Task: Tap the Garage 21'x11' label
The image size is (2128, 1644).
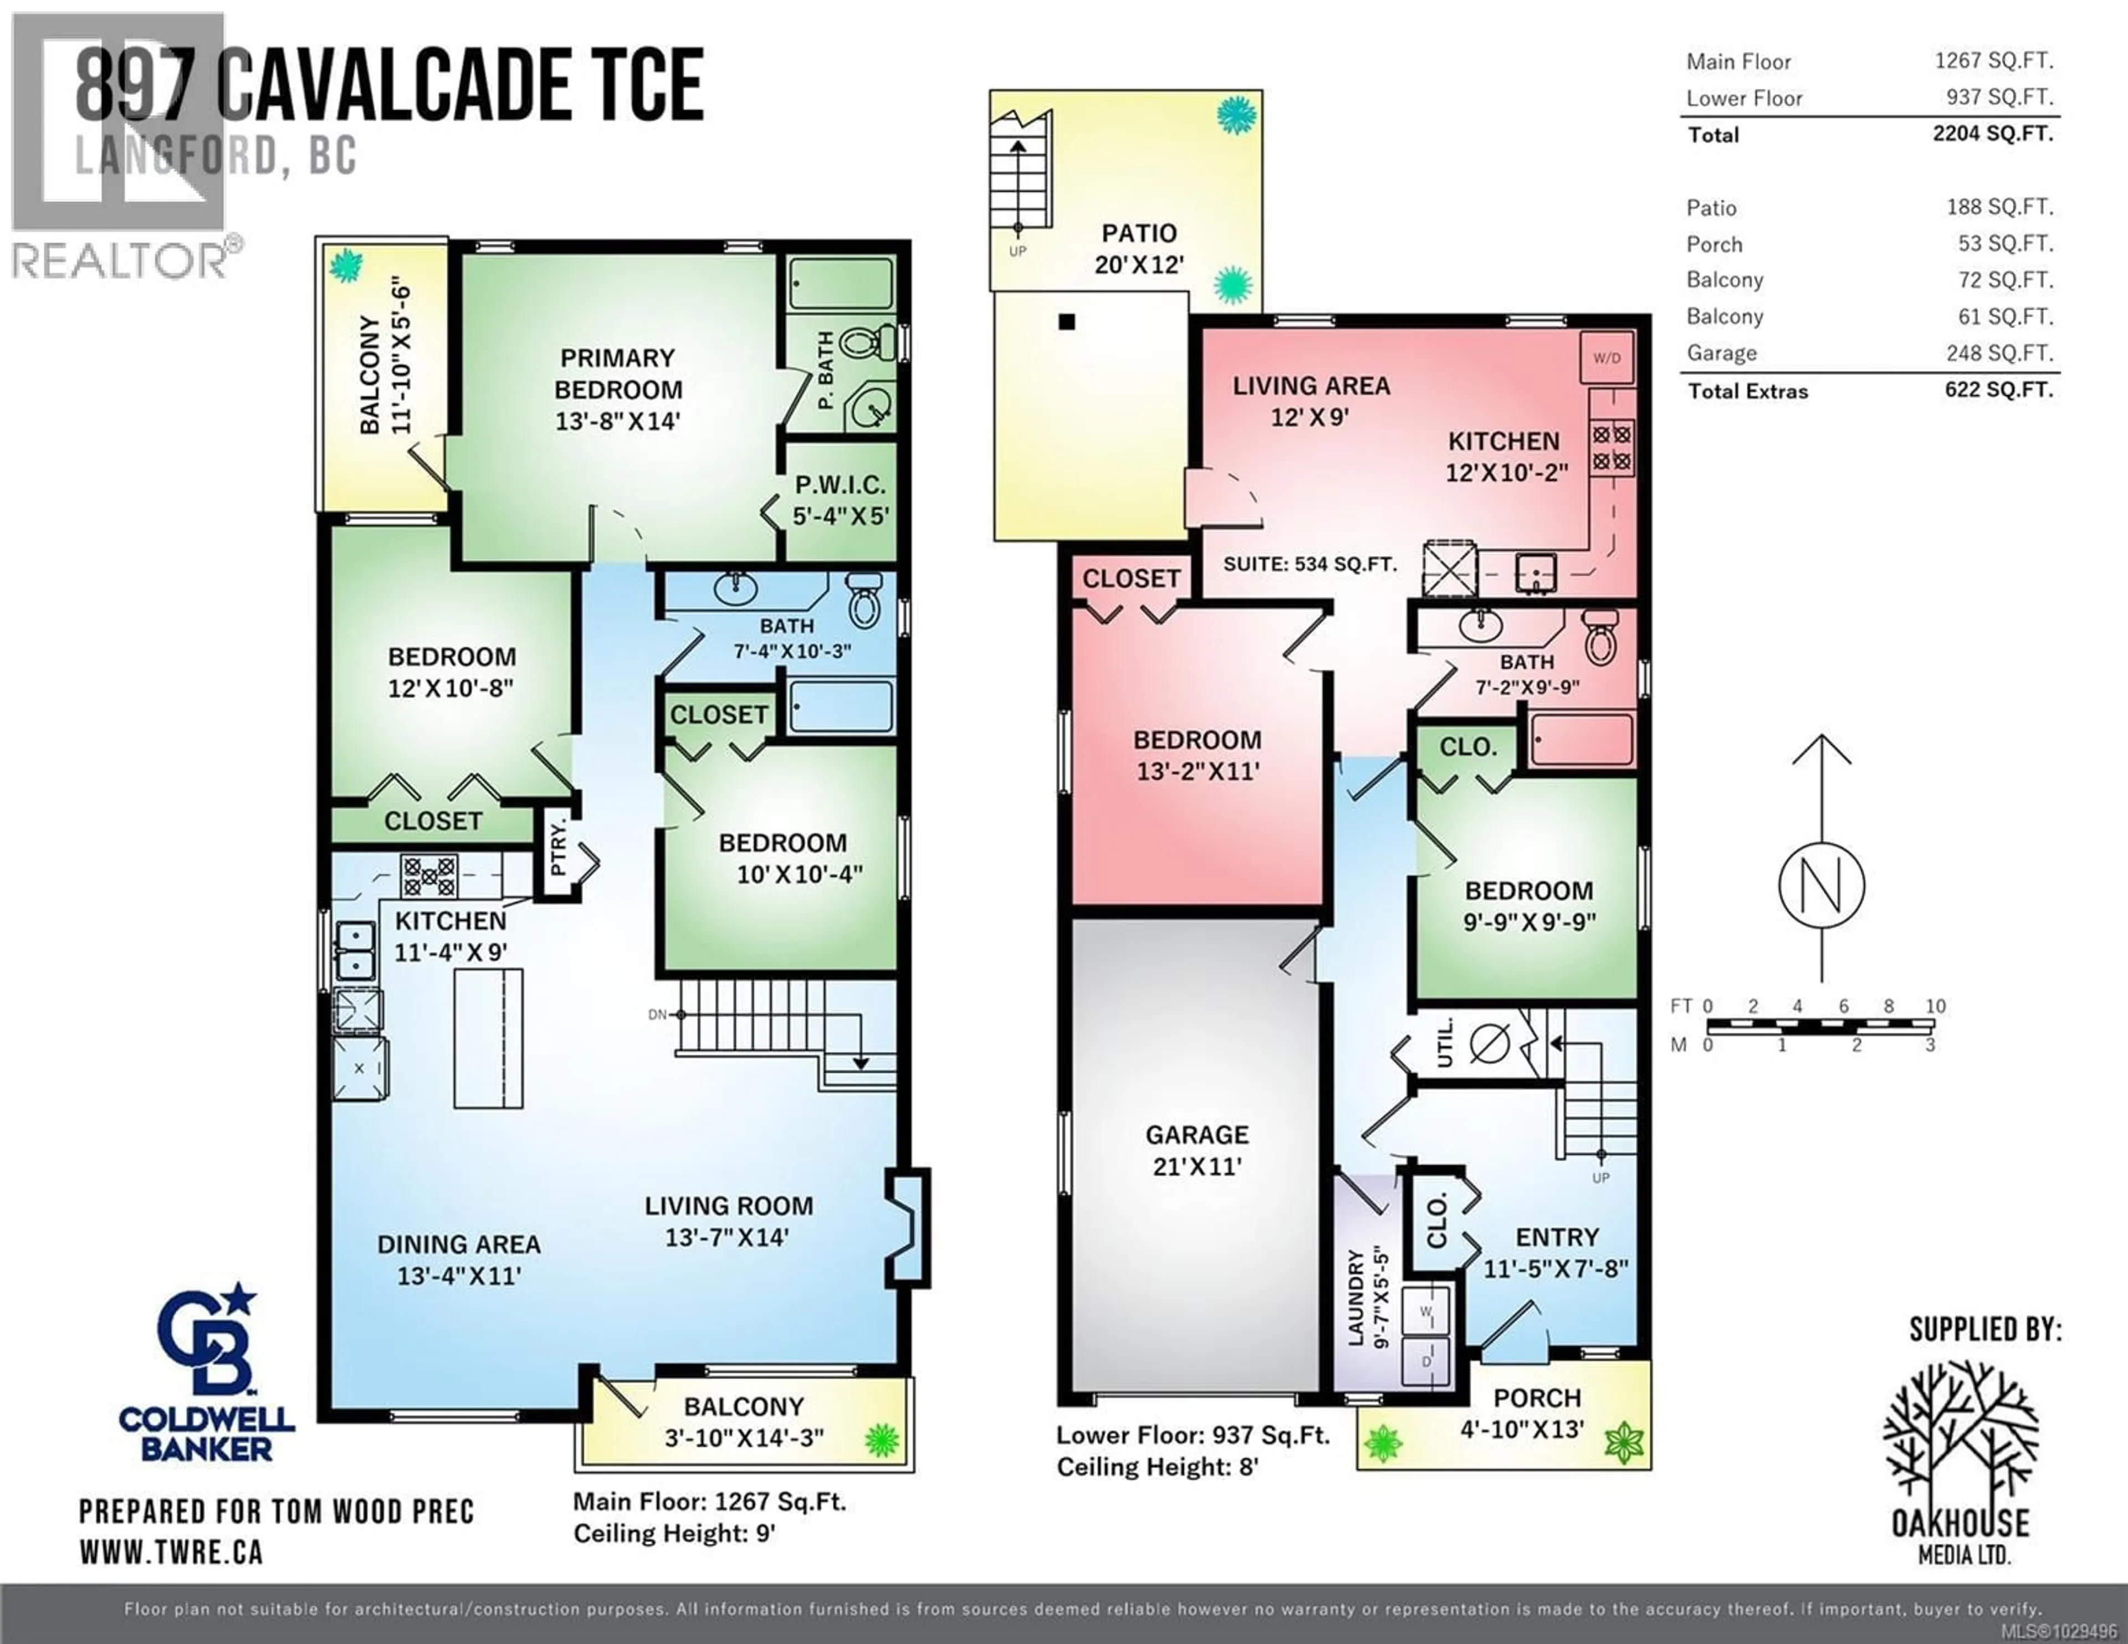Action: (1196, 1150)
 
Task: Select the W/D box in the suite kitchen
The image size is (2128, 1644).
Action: (1607, 357)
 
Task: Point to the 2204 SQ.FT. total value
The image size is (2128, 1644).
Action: (1993, 134)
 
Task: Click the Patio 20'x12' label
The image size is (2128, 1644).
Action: (1138, 248)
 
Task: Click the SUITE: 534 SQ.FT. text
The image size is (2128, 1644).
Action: (1309, 564)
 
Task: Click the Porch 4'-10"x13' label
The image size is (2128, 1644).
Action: (1537, 1413)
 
